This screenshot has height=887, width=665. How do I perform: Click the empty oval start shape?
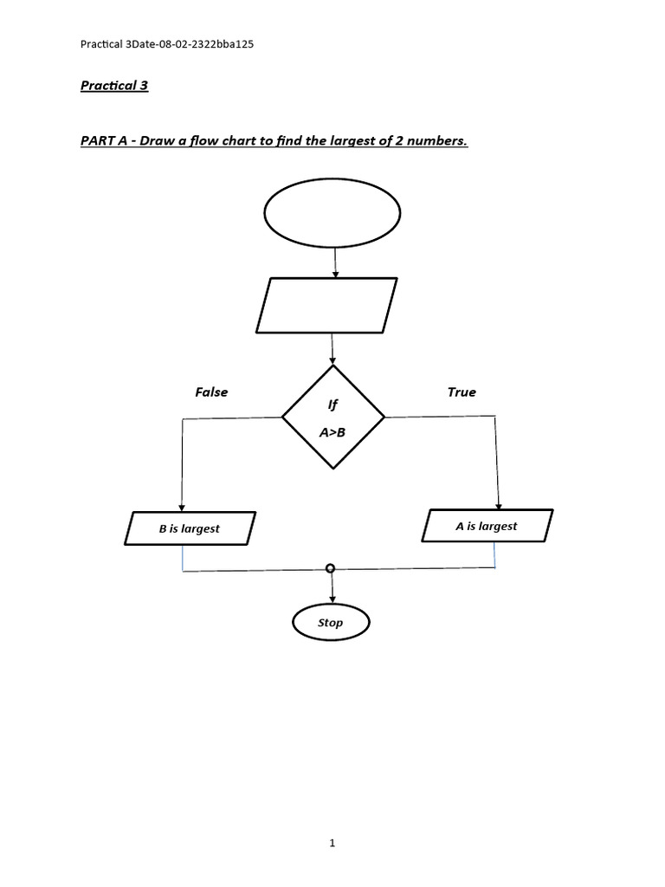point(332,213)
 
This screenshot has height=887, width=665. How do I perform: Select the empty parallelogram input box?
point(326,305)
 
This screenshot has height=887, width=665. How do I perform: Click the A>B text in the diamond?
point(332,433)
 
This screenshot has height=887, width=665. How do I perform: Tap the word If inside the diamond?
point(332,404)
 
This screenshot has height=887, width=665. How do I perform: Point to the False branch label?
point(211,392)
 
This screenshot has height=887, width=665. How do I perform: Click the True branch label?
point(461,392)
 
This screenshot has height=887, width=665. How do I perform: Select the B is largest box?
point(190,528)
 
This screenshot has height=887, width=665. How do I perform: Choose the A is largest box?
point(486,526)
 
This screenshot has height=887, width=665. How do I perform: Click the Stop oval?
point(331,623)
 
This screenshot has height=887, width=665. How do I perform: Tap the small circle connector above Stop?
point(330,568)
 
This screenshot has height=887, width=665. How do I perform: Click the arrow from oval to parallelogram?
point(332,262)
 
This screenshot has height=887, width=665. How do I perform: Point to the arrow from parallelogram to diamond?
point(332,349)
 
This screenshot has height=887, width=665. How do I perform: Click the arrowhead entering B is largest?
point(182,508)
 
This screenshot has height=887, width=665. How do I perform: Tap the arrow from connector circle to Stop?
point(332,589)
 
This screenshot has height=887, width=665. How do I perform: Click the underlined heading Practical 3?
point(114,87)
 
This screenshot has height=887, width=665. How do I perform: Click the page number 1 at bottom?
point(332,843)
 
